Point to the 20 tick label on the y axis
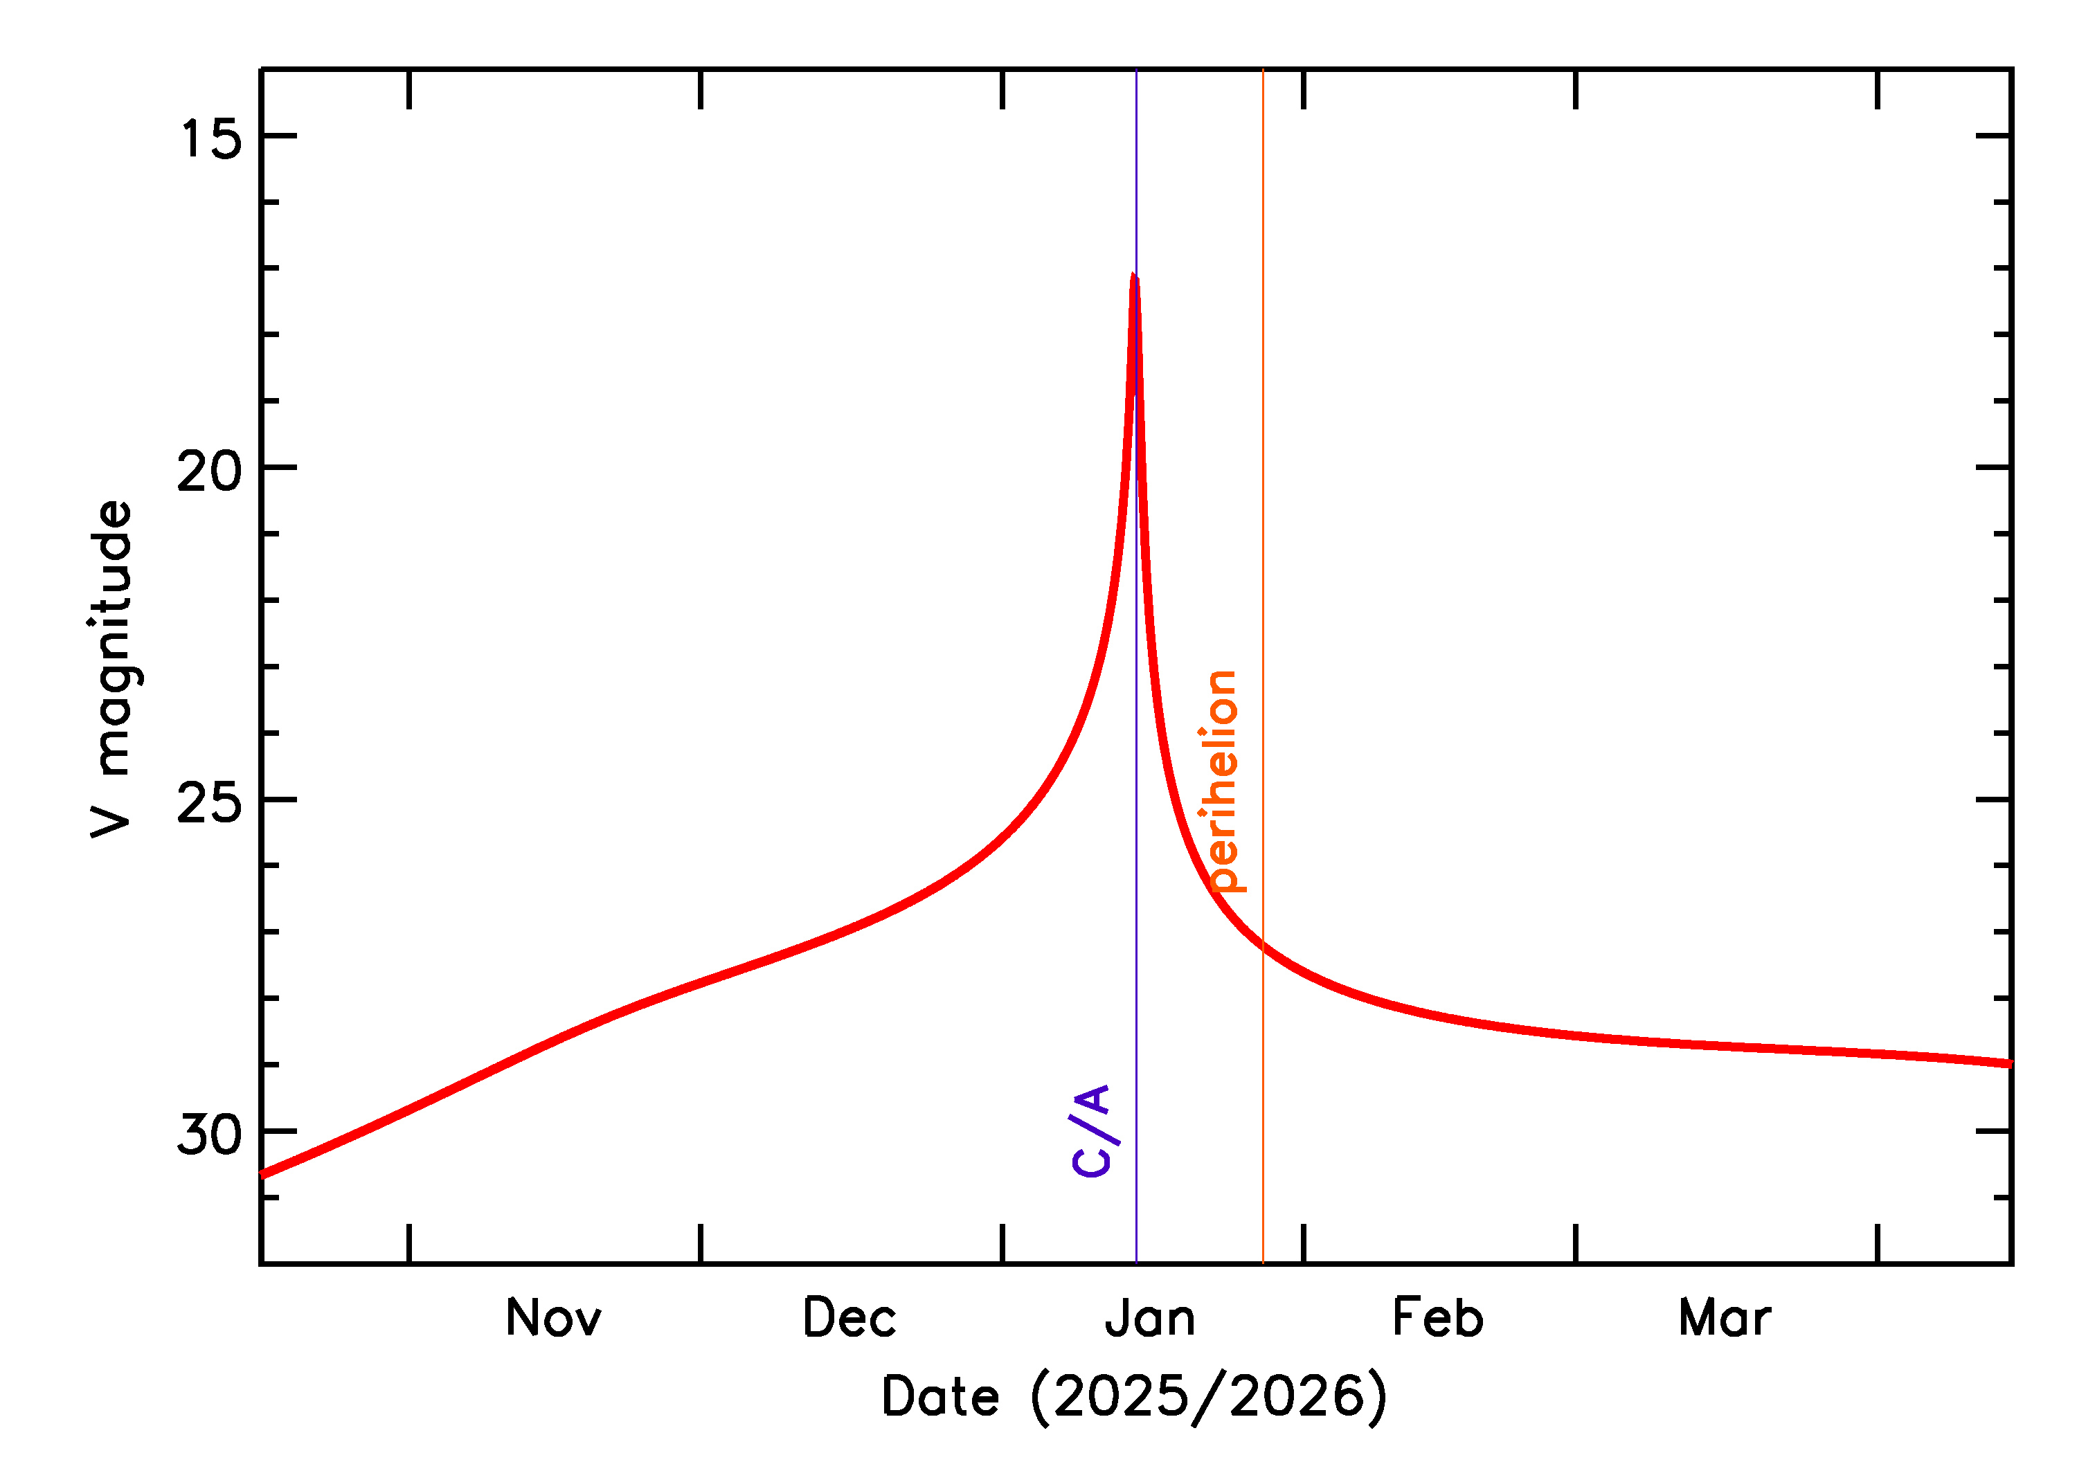tap(210, 471)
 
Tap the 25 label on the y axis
tap(210, 802)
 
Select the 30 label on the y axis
tap(210, 1134)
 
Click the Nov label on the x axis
tap(553, 1318)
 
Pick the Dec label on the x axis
tap(849, 1318)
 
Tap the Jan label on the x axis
tap(1151, 1318)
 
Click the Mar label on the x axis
tap(1725, 1318)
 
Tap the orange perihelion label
tap(1222, 782)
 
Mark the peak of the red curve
tap(1134, 276)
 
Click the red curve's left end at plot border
tap(262, 1175)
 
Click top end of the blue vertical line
tap(1136, 71)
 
